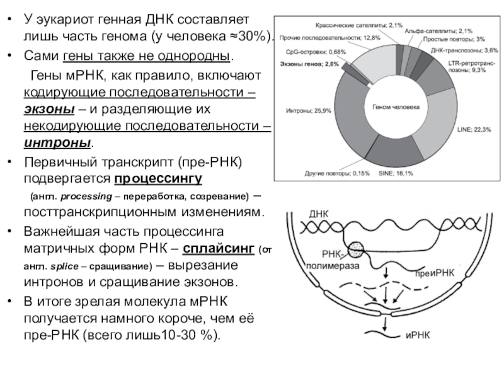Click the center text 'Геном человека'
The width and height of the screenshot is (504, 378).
click(395, 108)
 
